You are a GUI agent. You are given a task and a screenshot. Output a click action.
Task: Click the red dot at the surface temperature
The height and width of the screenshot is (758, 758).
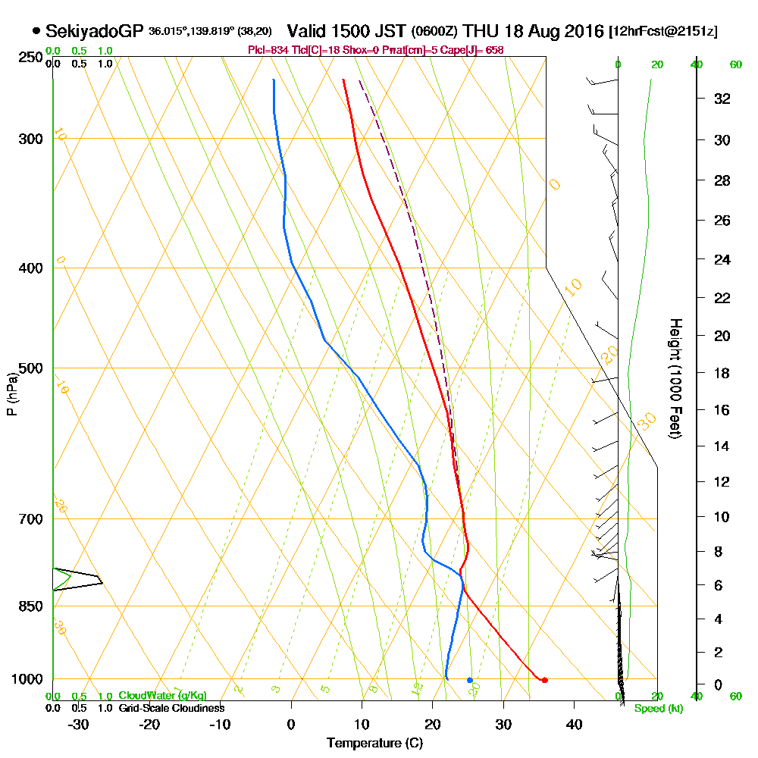pos(544,680)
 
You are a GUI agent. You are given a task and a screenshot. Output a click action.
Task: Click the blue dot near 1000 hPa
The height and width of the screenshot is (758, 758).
pos(470,680)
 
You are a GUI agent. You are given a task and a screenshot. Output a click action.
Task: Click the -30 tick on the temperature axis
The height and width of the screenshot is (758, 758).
pos(78,724)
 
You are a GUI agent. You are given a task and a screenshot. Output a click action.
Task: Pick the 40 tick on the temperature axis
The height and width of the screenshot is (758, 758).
pos(574,724)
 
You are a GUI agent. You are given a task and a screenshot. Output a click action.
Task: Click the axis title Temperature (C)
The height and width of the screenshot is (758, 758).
pos(374,744)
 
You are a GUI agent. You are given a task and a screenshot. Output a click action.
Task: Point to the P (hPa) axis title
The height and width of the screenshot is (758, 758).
pos(11,394)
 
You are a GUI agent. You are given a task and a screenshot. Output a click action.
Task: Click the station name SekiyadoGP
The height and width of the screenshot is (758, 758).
pos(95,32)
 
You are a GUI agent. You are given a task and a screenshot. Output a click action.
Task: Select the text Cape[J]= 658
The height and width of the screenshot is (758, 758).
pos(477,50)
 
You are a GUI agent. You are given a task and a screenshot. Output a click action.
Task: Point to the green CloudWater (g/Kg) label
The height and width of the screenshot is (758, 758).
pos(162,696)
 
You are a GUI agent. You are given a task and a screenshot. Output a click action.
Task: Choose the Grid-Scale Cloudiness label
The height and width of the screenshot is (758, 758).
pos(171,708)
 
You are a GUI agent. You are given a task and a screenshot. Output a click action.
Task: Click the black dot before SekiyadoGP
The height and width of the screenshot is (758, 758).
pos(36,32)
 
